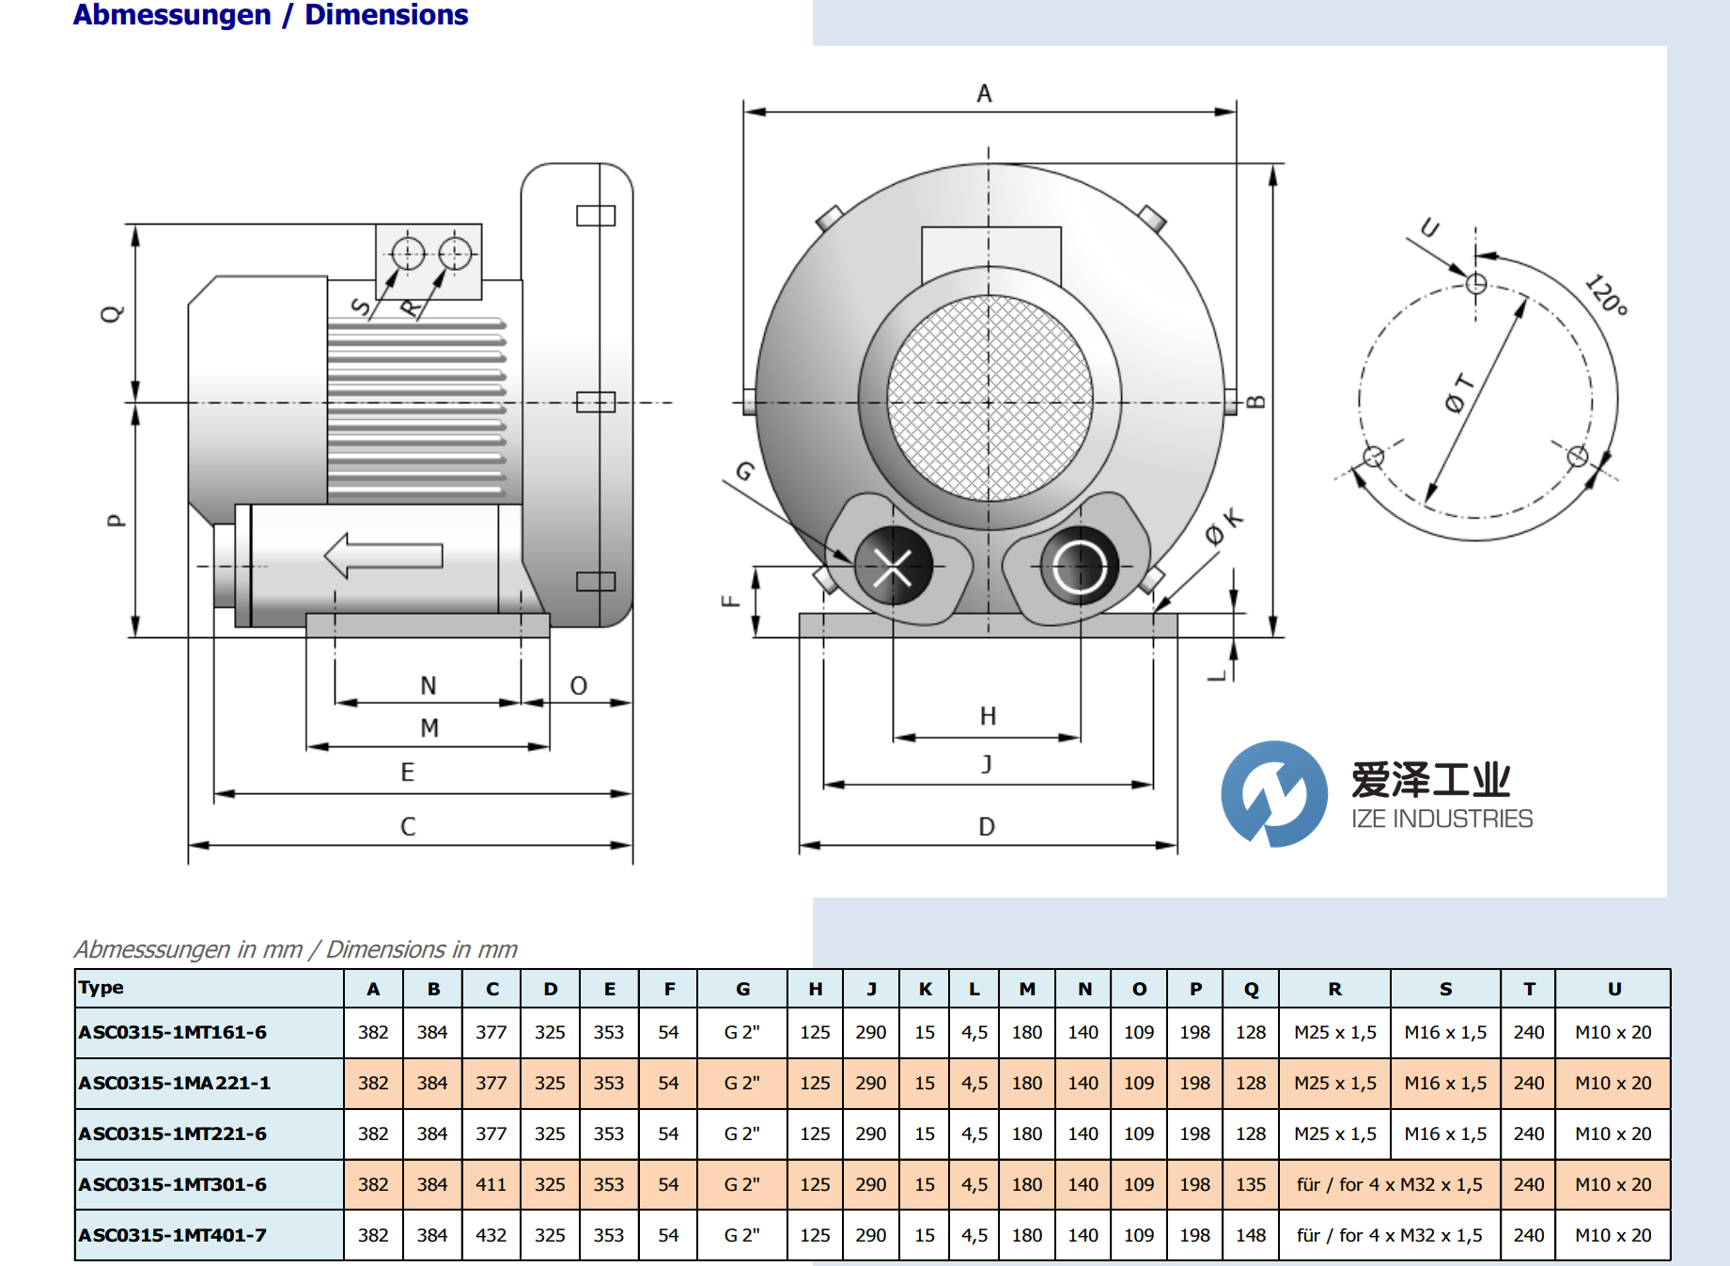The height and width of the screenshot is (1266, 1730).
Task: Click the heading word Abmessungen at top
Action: click(x=172, y=15)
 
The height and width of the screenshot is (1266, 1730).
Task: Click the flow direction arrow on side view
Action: click(x=383, y=555)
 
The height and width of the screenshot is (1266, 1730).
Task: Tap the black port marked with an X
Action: click(x=893, y=567)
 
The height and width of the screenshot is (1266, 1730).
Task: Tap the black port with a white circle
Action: click(x=1079, y=567)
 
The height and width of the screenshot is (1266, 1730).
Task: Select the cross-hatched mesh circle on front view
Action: click(x=989, y=399)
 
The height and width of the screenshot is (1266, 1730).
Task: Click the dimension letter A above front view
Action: click(x=984, y=93)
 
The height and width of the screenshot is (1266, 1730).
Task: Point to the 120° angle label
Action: click(x=1605, y=294)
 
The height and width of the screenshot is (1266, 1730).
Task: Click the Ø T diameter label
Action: click(x=1459, y=393)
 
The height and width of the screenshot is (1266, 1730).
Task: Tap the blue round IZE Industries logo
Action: click(x=1274, y=794)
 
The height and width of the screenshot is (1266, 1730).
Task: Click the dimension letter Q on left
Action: click(x=112, y=313)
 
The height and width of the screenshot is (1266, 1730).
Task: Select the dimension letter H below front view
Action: click(x=988, y=716)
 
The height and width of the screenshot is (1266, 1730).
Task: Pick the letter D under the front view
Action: click(x=986, y=826)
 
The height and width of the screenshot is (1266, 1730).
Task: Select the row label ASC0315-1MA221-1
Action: click(x=175, y=1083)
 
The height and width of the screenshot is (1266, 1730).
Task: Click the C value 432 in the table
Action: click(x=491, y=1235)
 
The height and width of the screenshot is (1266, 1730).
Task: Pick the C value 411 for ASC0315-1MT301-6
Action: click(x=491, y=1184)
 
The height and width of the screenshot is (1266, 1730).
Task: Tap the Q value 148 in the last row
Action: click(x=1250, y=1235)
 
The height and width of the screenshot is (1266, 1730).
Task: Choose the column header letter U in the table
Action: click(x=1613, y=989)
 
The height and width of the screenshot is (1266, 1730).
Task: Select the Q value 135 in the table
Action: click(x=1250, y=1184)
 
